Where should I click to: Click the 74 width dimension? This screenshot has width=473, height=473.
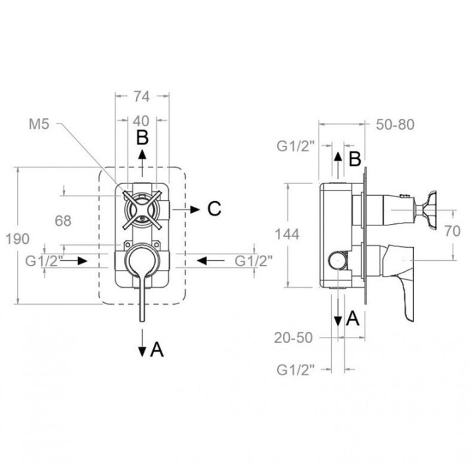click(x=142, y=97)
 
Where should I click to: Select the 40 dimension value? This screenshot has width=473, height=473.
click(x=141, y=121)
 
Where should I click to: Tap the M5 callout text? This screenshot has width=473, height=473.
click(x=39, y=124)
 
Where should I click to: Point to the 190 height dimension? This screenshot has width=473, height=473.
click(x=18, y=238)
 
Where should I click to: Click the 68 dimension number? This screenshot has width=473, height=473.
click(x=63, y=221)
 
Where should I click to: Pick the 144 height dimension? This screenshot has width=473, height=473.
click(x=287, y=234)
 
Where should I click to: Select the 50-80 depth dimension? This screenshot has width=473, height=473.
click(x=395, y=125)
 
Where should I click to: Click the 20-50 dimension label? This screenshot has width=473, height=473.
click(x=293, y=338)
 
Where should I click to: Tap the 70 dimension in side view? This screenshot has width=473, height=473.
click(x=453, y=231)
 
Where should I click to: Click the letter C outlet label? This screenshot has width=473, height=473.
click(x=214, y=208)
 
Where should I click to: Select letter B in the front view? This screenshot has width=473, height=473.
click(x=143, y=137)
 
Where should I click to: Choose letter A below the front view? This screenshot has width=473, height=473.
click(x=157, y=349)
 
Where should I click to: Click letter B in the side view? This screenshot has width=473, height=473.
click(x=355, y=159)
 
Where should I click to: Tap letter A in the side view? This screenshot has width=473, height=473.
click(x=353, y=318)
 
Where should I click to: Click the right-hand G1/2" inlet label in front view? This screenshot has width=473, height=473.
click(x=254, y=261)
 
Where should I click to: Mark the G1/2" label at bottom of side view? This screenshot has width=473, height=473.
click(x=296, y=370)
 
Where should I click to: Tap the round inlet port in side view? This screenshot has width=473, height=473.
click(x=338, y=260)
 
